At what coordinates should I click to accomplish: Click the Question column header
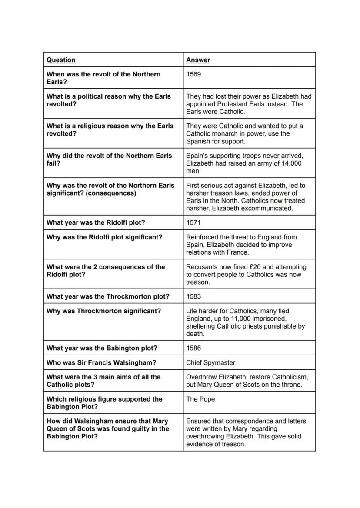point(61,60)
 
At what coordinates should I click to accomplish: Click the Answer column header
point(198,60)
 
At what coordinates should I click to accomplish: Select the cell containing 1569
point(193,74)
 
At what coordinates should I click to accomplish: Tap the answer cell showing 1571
point(193,222)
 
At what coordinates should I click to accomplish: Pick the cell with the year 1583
point(193,296)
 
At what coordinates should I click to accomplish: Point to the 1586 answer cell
point(193,348)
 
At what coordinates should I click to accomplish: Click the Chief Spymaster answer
point(210,362)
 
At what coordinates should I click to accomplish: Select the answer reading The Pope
point(200,399)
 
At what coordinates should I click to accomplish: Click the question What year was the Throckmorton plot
point(108,296)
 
